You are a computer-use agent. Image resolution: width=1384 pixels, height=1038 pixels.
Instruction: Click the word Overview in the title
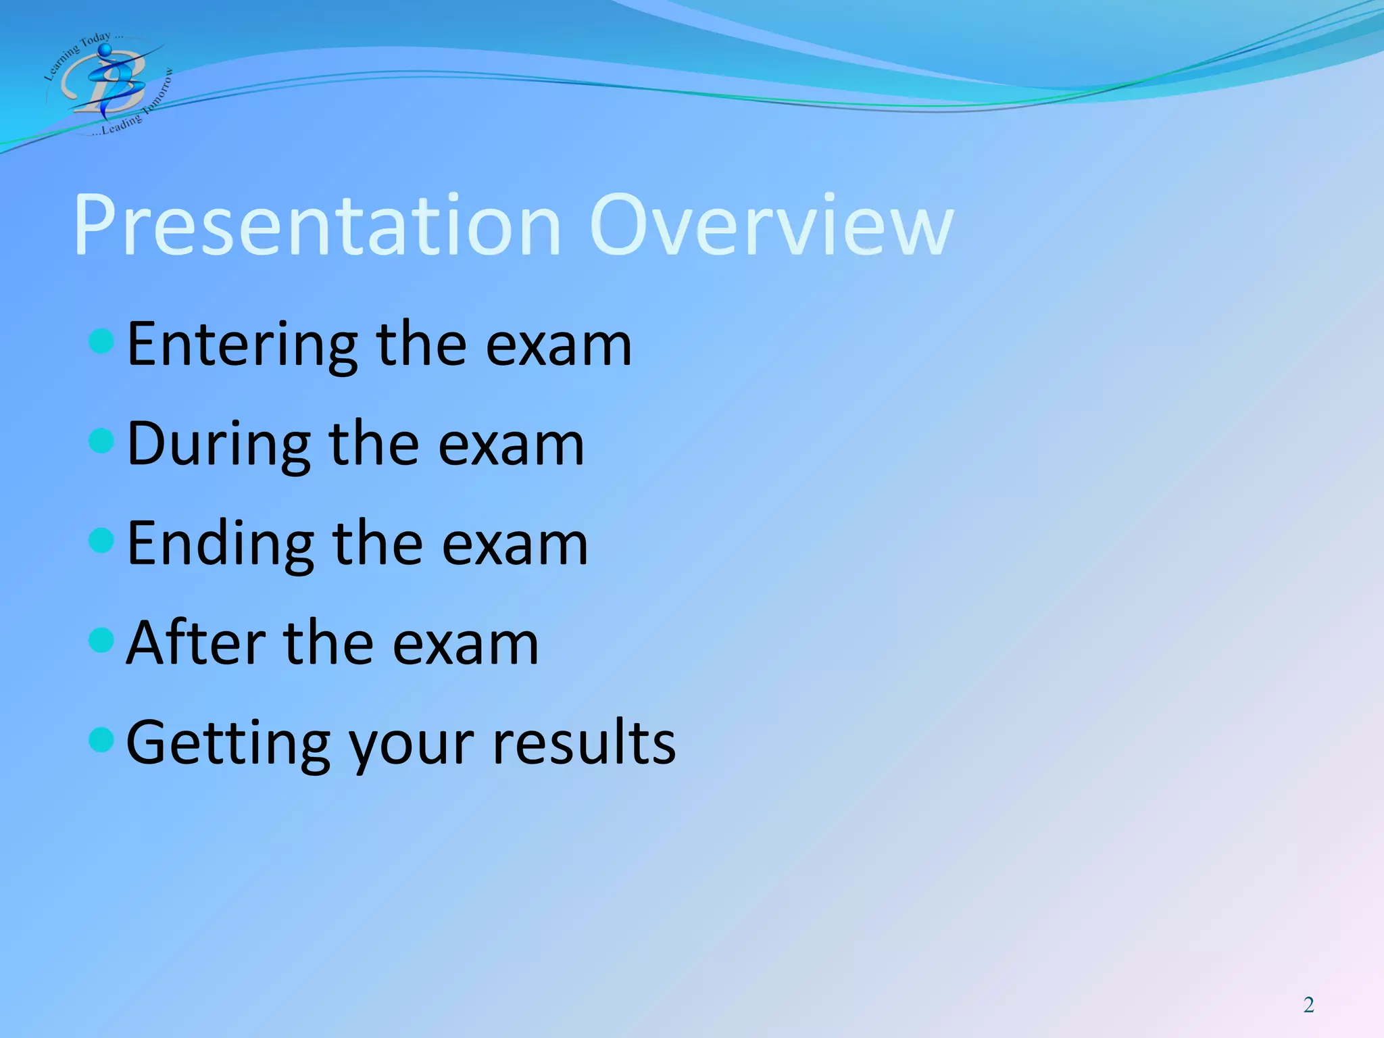(x=772, y=226)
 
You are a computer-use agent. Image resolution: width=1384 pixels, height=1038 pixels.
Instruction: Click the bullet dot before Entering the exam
(x=101, y=341)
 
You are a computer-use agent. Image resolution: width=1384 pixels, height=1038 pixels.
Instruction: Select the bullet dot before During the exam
(x=101, y=441)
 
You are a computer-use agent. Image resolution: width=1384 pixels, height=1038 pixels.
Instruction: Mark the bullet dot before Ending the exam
(x=101, y=541)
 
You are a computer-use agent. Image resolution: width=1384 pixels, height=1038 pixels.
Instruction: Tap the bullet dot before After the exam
(x=101, y=640)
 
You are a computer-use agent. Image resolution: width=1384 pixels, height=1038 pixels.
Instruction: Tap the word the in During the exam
(x=374, y=445)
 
